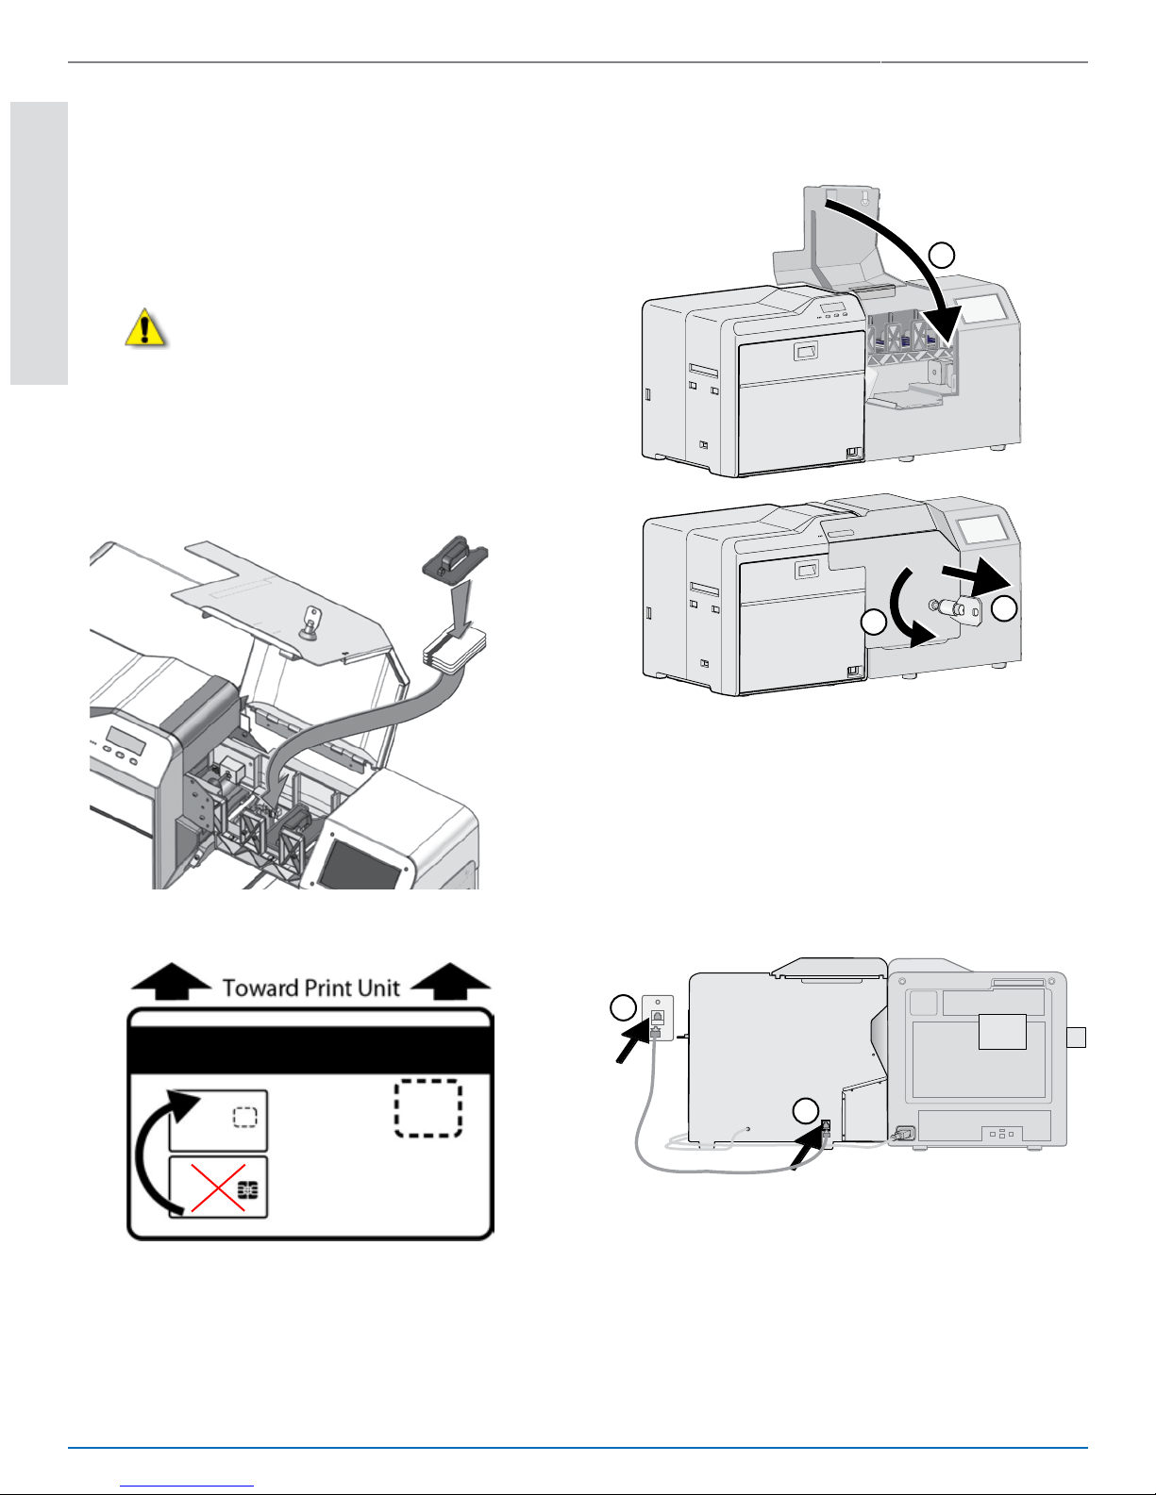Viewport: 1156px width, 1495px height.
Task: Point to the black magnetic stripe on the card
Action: click(x=311, y=1050)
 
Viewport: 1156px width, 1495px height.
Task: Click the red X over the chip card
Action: click(x=218, y=1188)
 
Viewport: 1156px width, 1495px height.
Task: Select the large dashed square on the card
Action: click(x=428, y=1108)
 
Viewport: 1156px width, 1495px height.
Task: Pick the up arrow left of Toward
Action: click(x=172, y=981)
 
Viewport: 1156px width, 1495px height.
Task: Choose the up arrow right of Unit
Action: click(x=451, y=981)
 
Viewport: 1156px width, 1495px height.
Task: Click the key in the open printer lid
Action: click(x=312, y=622)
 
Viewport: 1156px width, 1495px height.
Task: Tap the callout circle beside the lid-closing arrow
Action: click(x=942, y=256)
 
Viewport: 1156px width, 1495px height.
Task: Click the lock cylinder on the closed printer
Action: click(x=960, y=607)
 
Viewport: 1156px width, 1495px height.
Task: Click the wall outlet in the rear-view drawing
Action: click(x=657, y=1018)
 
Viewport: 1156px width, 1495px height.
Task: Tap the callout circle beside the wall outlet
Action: click(x=624, y=1008)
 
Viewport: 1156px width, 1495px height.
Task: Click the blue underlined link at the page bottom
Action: click(x=187, y=1486)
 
